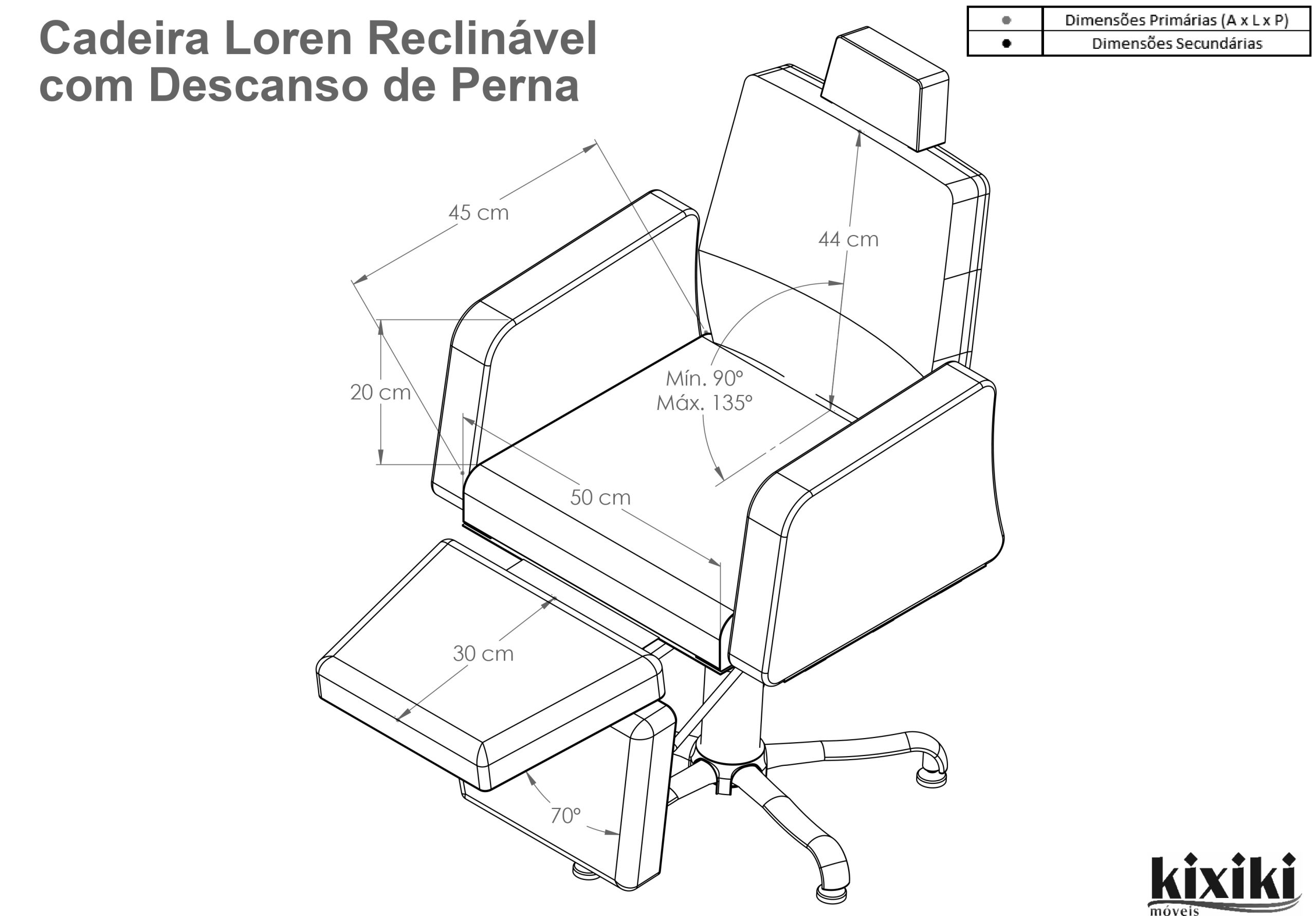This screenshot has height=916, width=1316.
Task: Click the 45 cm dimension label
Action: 479,213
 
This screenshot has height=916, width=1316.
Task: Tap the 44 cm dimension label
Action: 848,239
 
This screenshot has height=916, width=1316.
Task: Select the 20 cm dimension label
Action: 380,392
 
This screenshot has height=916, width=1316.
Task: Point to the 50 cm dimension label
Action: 600,497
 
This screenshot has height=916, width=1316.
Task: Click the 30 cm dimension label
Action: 483,653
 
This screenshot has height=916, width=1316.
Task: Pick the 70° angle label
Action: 565,816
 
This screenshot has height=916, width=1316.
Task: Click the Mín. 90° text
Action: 704,379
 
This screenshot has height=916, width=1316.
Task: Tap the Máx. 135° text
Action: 704,403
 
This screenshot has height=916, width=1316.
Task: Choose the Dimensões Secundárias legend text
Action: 1177,44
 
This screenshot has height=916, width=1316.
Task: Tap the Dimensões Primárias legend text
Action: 1177,20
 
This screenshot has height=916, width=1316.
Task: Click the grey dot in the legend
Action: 1006,20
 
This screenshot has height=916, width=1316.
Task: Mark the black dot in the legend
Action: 1006,43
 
